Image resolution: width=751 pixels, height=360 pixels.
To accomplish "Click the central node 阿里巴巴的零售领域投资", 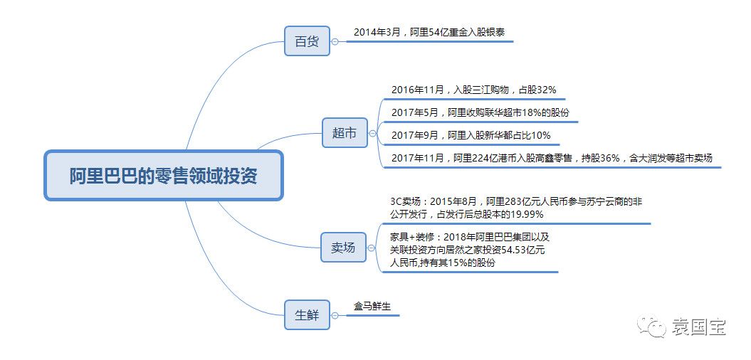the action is pyautogui.click(x=164, y=175).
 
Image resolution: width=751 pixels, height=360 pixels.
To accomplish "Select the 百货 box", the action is pyautogui.click(x=307, y=41).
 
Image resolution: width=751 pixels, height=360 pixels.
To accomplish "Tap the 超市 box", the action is pyautogui.click(x=345, y=133).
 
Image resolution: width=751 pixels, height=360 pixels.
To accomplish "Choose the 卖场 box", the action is pyautogui.click(x=343, y=247).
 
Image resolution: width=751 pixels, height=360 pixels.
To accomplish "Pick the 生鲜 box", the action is pyautogui.click(x=307, y=315).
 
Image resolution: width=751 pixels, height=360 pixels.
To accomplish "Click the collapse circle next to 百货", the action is pyautogui.click(x=335, y=42).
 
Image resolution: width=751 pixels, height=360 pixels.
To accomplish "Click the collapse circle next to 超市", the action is pyautogui.click(x=372, y=134).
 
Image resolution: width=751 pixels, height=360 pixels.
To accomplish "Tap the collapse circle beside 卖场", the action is pyautogui.click(x=371, y=248).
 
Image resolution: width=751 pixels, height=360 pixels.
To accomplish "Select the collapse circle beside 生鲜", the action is pyautogui.click(x=335, y=315).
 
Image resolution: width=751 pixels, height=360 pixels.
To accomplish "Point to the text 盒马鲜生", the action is pyautogui.click(x=372, y=306).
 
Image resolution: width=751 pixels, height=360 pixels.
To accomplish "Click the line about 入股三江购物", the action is pyautogui.click(x=473, y=90).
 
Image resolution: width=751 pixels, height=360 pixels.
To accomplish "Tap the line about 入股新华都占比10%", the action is pyautogui.click(x=471, y=135).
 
